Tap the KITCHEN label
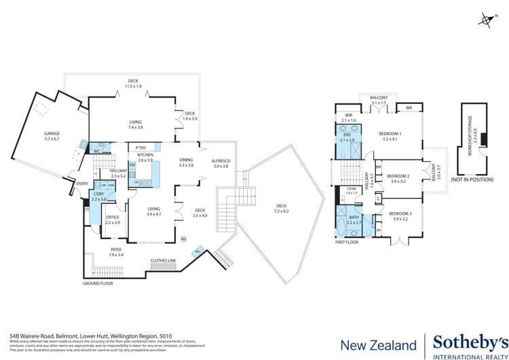145,156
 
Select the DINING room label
186,162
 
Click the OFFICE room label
112,219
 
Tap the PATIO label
116,251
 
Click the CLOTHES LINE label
163,261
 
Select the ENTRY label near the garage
82,183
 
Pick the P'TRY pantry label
141,147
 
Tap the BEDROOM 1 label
390,133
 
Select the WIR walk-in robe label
349,116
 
